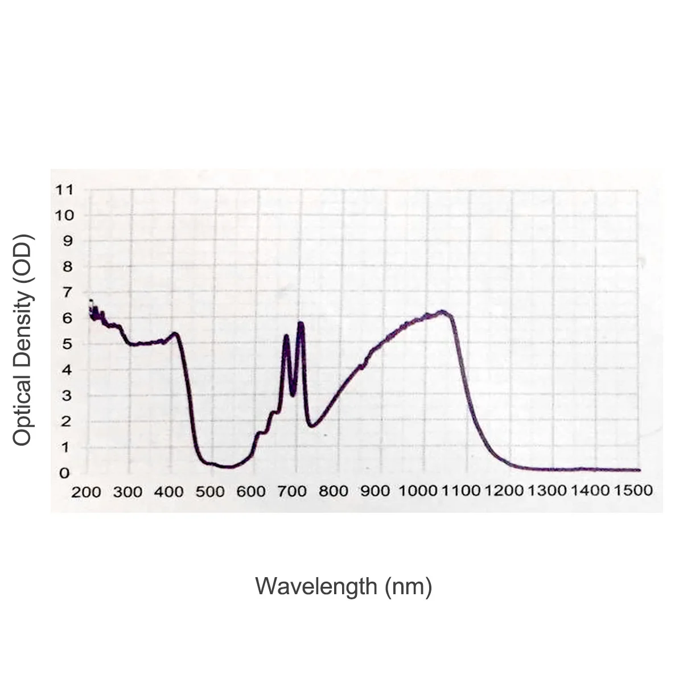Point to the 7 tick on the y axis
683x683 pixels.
click(x=67, y=293)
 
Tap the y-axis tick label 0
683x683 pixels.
click(x=65, y=473)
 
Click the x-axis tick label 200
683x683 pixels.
click(x=85, y=492)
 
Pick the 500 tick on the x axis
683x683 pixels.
click(x=210, y=492)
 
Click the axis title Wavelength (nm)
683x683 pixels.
click(x=343, y=586)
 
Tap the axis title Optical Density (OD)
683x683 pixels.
click(x=24, y=340)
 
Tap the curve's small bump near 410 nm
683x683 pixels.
click(x=175, y=334)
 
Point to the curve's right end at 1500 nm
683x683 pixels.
click(x=639, y=470)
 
